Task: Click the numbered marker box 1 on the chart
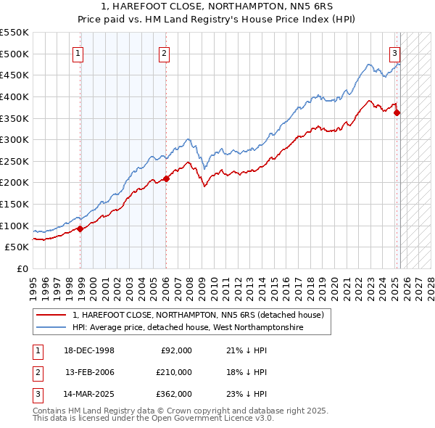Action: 77,52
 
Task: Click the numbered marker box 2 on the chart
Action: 165,52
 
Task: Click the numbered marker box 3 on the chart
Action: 394,52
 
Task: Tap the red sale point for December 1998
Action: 80,229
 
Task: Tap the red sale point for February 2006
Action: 166,178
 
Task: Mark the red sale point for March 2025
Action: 397,112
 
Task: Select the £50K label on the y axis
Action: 17,247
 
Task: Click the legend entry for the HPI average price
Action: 187,328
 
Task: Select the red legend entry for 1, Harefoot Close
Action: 202,315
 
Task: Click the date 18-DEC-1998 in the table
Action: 89,350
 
